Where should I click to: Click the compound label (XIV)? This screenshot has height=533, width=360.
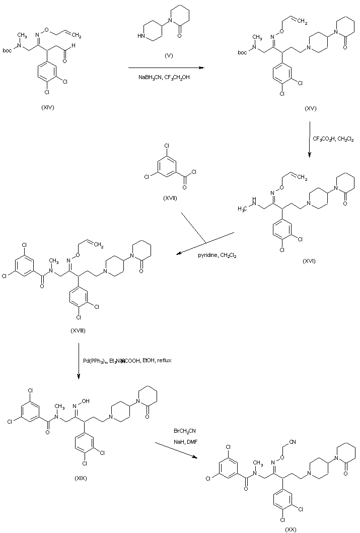pyautogui.click(x=49, y=107)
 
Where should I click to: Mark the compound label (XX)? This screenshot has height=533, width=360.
pyautogui.click(x=291, y=529)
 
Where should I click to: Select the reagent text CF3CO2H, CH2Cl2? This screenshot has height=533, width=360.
pyautogui.click(x=333, y=139)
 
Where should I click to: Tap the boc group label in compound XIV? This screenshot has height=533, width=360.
pyautogui.click(x=8, y=50)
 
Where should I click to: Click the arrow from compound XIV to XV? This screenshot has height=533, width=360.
pyautogui.click(x=167, y=68)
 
